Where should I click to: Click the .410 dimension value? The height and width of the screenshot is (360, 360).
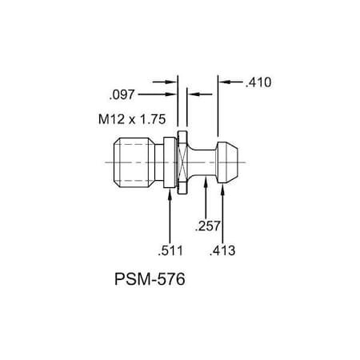tap(260, 82)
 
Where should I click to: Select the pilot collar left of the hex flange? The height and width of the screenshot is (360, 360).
tap(170, 163)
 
